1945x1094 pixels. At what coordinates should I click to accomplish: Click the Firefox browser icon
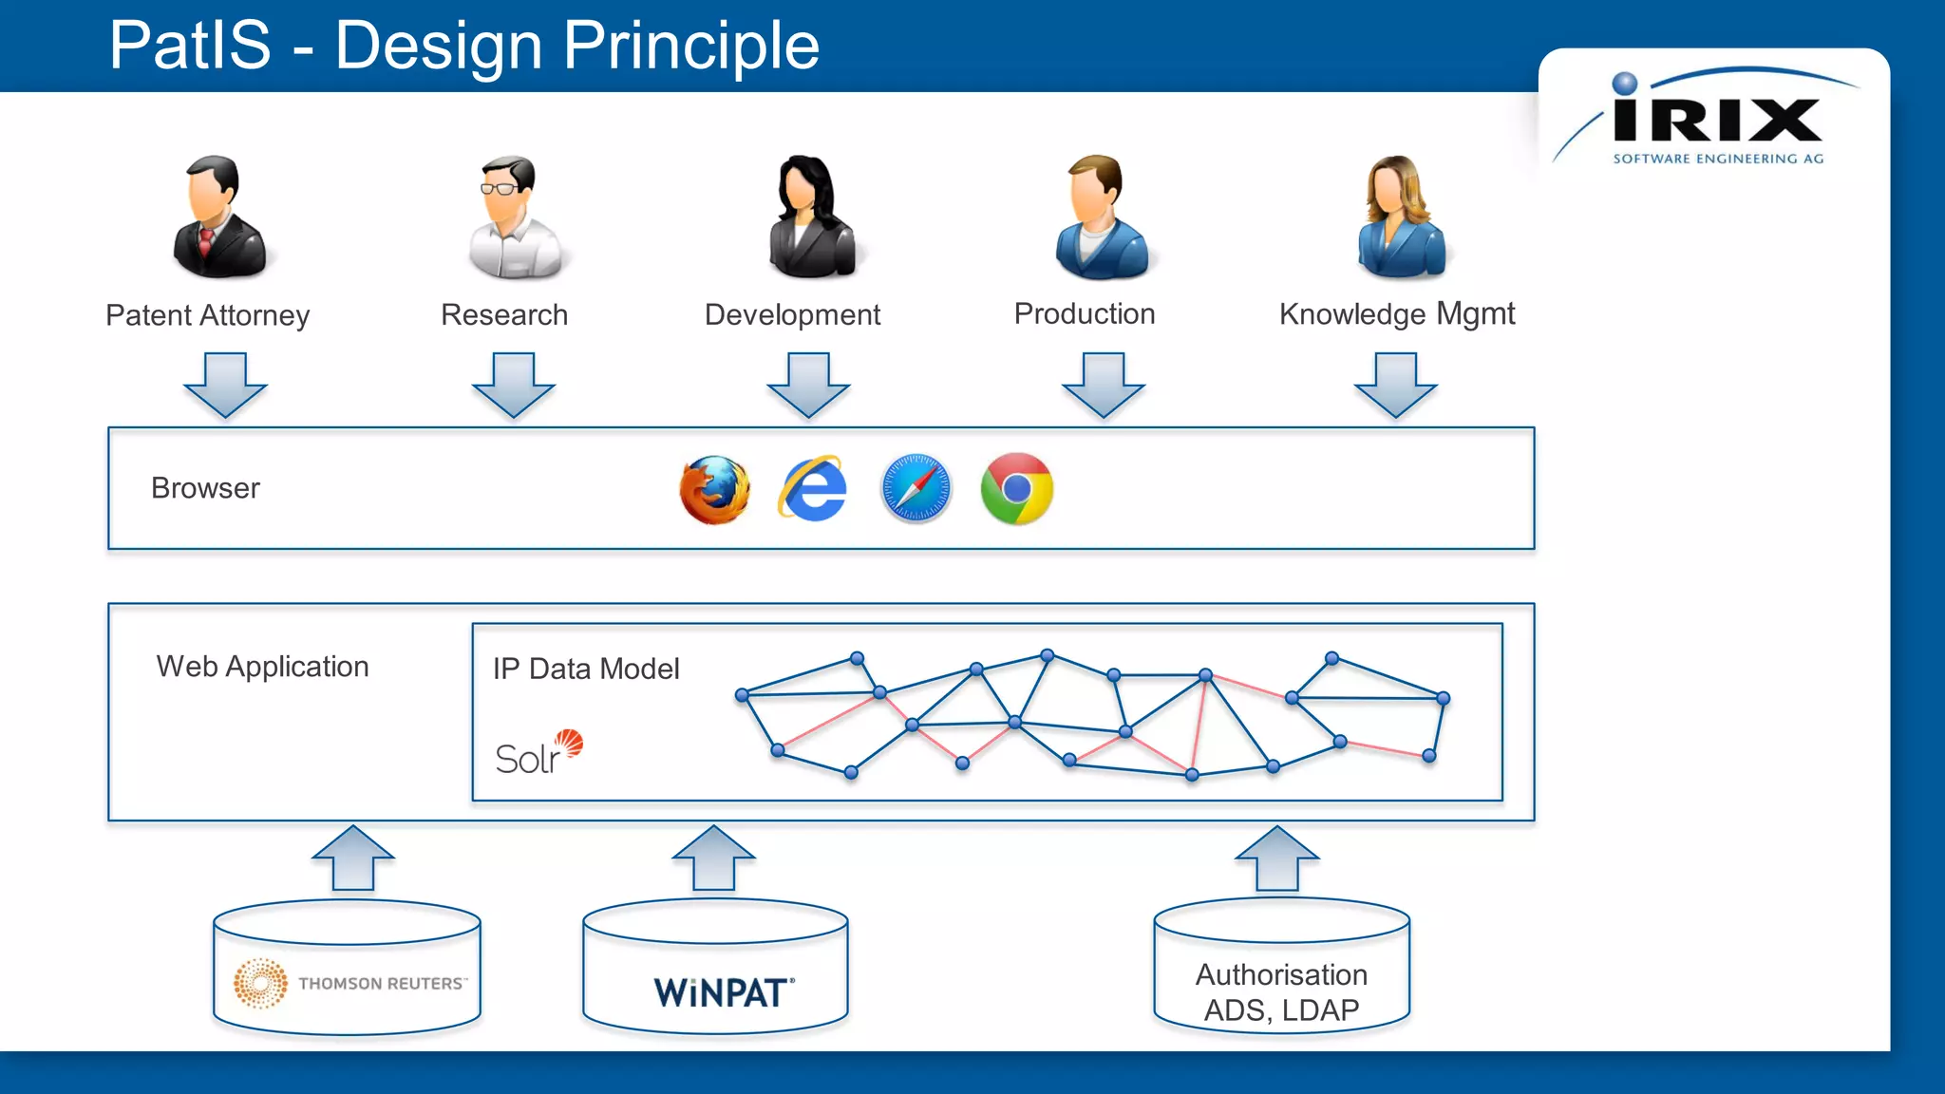coord(715,490)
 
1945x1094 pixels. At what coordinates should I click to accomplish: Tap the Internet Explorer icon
coord(813,489)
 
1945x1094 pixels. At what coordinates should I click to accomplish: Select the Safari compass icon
coord(916,489)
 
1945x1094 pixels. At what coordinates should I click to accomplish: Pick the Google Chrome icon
coord(1016,489)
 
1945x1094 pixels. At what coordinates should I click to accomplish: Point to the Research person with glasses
coord(514,217)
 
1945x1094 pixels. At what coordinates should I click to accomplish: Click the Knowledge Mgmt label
coord(1396,314)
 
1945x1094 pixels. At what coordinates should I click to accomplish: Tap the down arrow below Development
coord(808,384)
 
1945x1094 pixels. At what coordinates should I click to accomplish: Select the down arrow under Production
coord(1103,384)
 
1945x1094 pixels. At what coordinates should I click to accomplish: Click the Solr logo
coord(538,753)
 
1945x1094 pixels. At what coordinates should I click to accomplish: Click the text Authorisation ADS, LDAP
coord(1281,991)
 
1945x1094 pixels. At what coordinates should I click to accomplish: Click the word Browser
coord(205,488)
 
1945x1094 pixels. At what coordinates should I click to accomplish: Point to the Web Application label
coord(262,667)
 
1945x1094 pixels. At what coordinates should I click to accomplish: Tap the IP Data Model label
coord(586,669)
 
